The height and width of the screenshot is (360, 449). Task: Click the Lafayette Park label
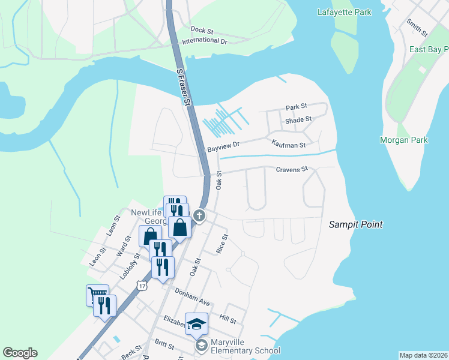(x=344, y=12)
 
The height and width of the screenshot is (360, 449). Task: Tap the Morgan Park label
(x=404, y=140)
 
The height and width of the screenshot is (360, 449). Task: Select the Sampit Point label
(x=356, y=224)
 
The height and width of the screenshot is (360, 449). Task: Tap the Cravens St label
(x=291, y=170)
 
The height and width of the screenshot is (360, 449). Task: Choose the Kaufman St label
(x=288, y=145)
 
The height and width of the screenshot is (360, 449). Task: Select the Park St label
(x=296, y=107)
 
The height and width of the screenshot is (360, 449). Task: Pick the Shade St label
(x=298, y=120)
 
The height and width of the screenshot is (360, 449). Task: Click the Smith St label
(x=417, y=26)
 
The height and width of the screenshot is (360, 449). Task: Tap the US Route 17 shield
(x=142, y=283)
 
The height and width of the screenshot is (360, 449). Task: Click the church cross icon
(x=199, y=215)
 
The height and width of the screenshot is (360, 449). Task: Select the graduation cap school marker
(x=196, y=325)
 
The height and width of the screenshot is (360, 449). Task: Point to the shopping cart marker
(x=97, y=294)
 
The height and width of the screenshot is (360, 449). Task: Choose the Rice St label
(x=223, y=243)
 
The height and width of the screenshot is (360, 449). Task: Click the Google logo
(x=20, y=353)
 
